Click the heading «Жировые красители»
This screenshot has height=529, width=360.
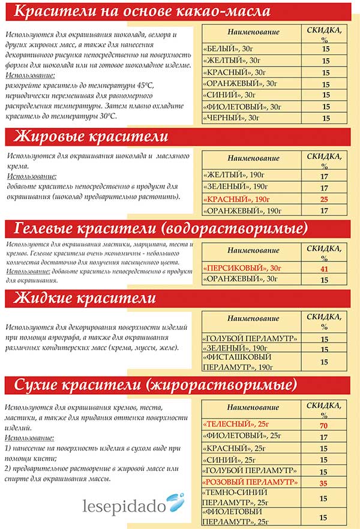pyautogui.click(x=90, y=137)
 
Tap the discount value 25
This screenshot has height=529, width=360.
pyautogui.click(x=325, y=199)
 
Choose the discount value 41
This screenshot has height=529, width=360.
pyautogui.click(x=325, y=268)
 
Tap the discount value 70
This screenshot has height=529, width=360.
pyautogui.click(x=325, y=425)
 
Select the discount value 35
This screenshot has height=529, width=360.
pyautogui.click(x=325, y=482)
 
